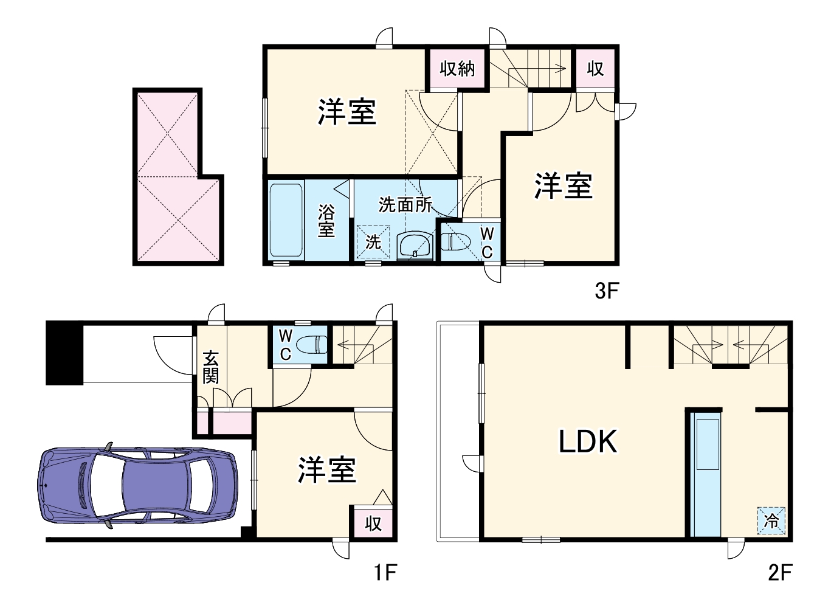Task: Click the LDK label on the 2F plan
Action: [x=588, y=441]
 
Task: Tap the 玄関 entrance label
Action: [x=210, y=367]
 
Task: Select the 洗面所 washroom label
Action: [x=405, y=205]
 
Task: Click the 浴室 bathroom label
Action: [x=326, y=221]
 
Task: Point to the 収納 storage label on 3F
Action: [x=457, y=69]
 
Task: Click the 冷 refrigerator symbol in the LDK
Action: [x=771, y=521]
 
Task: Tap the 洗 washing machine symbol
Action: [x=373, y=243]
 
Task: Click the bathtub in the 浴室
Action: [x=286, y=221]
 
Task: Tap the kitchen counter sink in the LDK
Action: [x=708, y=443]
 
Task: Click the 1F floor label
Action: [x=385, y=572]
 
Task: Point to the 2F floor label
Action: [x=780, y=572]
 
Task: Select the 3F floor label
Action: [x=606, y=291]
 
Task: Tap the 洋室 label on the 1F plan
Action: [x=326, y=470]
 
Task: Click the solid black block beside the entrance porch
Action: [x=64, y=353]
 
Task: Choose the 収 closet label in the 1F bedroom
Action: [x=373, y=523]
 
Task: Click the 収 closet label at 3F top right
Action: [x=595, y=69]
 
